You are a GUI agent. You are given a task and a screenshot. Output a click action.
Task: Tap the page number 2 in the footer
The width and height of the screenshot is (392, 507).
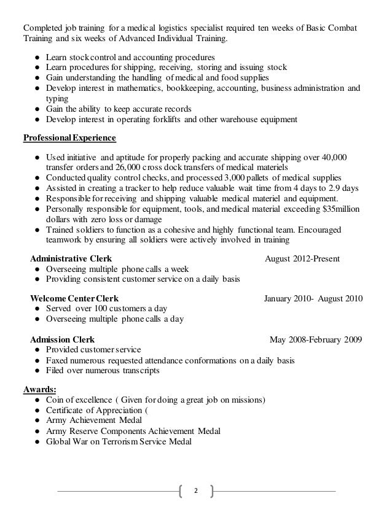(195, 490)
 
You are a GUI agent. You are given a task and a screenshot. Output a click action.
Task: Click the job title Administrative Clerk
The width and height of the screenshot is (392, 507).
(71, 258)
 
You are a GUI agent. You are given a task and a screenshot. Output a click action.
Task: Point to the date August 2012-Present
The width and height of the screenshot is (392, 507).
(302, 258)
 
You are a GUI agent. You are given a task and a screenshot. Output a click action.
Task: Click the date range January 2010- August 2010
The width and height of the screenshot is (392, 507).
(313, 298)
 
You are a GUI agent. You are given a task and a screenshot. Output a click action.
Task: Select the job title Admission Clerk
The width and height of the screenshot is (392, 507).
(62, 338)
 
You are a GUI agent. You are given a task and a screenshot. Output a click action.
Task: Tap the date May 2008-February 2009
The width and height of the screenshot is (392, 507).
(316, 338)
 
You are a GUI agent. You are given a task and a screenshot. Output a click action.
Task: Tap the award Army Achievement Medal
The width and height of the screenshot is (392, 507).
(93, 420)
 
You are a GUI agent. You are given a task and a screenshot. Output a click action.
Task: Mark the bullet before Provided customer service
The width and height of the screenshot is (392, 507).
(37, 350)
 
